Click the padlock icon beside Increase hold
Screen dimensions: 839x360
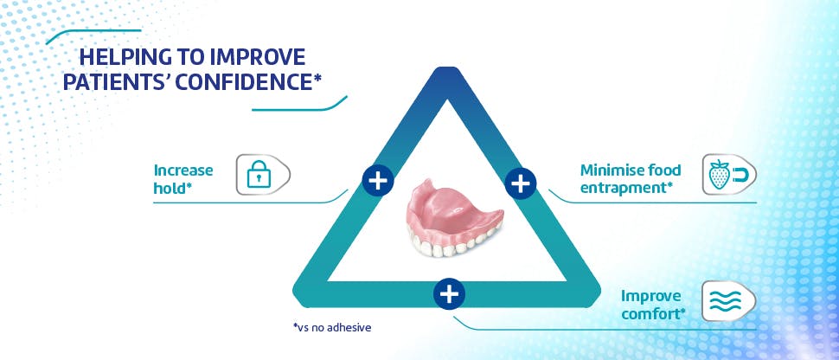tap(259, 175)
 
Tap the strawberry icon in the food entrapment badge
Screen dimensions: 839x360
tap(719, 175)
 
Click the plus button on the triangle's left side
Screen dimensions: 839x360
tap(378, 180)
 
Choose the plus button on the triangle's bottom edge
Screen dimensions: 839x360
tap(449, 293)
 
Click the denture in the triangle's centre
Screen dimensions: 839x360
tap(455, 217)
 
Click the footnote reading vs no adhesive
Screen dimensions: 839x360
tap(332, 327)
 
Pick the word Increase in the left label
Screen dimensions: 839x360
tap(183, 170)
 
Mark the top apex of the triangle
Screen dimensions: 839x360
tap(448, 68)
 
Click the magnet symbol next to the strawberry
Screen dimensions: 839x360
tap(740, 175)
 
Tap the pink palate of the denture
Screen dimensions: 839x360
tap(451, 206)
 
